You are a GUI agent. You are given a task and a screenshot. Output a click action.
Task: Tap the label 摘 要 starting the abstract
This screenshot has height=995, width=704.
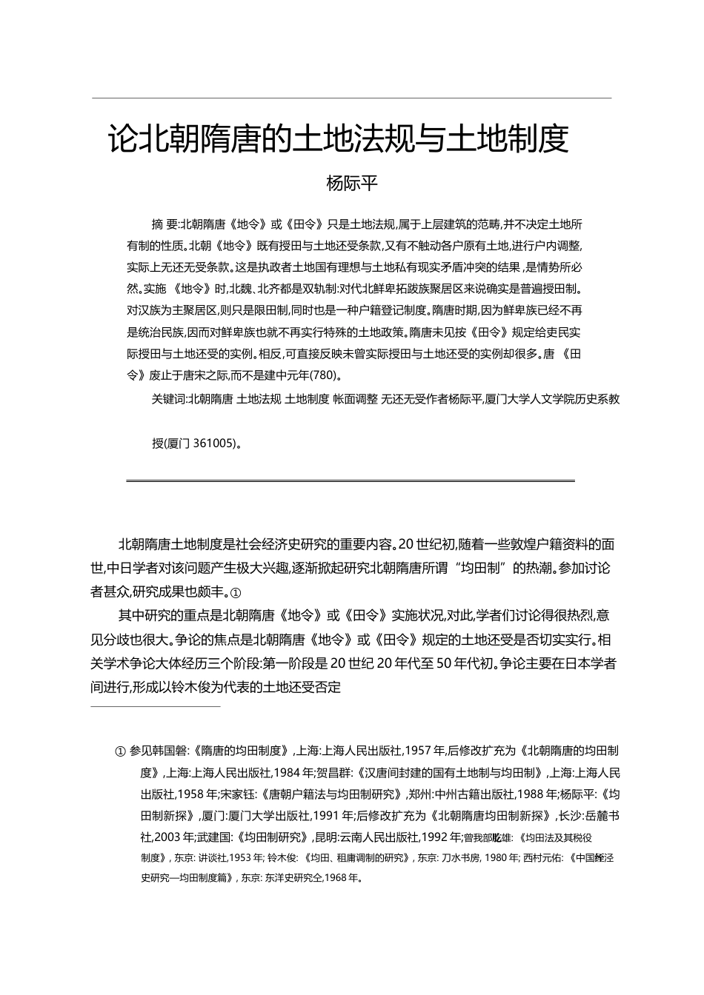165,224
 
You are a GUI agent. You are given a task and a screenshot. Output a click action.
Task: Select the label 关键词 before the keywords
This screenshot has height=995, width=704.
168,399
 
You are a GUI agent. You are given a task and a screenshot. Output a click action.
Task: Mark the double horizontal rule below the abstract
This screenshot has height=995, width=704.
351,480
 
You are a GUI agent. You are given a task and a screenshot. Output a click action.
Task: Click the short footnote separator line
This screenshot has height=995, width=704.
156,707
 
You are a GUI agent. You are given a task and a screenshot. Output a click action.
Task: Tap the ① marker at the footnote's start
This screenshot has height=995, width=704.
120,751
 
